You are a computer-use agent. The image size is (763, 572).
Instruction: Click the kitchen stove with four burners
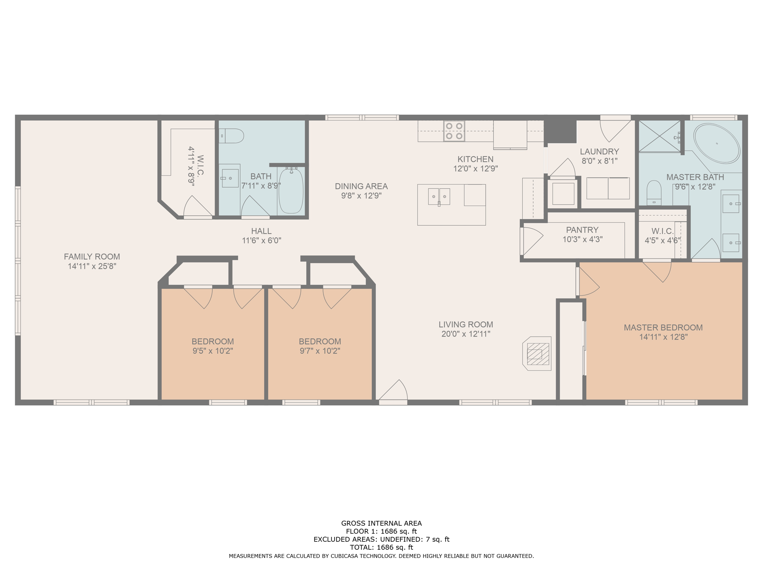[454, 131]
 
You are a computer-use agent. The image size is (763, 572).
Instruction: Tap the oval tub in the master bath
[716, 143]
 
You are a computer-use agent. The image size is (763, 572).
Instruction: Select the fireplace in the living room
[537, 353]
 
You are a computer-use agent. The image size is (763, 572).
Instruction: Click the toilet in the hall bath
[231, 136]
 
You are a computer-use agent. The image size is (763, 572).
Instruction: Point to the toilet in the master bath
[654, 193]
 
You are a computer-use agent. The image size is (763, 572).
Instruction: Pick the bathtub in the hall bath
[291, 190]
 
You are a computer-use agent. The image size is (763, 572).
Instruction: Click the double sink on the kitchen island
[439, 197]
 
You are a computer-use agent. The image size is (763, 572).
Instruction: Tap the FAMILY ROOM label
[92, 257]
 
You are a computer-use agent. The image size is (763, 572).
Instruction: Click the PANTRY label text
[582, 230]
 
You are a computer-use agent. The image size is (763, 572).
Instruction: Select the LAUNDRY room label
[599, 152]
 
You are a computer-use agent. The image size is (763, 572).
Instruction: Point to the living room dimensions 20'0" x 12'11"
[466, 334]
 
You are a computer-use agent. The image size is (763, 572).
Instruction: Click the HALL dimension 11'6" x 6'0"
[262, 241]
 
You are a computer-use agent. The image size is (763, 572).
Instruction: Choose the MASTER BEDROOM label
[663, 327]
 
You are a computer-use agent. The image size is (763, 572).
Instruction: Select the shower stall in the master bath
[660, 136]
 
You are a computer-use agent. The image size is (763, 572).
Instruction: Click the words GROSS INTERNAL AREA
[381, 523]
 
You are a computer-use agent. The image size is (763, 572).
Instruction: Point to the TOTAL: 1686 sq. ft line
[381, 547]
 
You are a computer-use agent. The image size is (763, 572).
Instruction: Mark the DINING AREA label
[361, 186]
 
